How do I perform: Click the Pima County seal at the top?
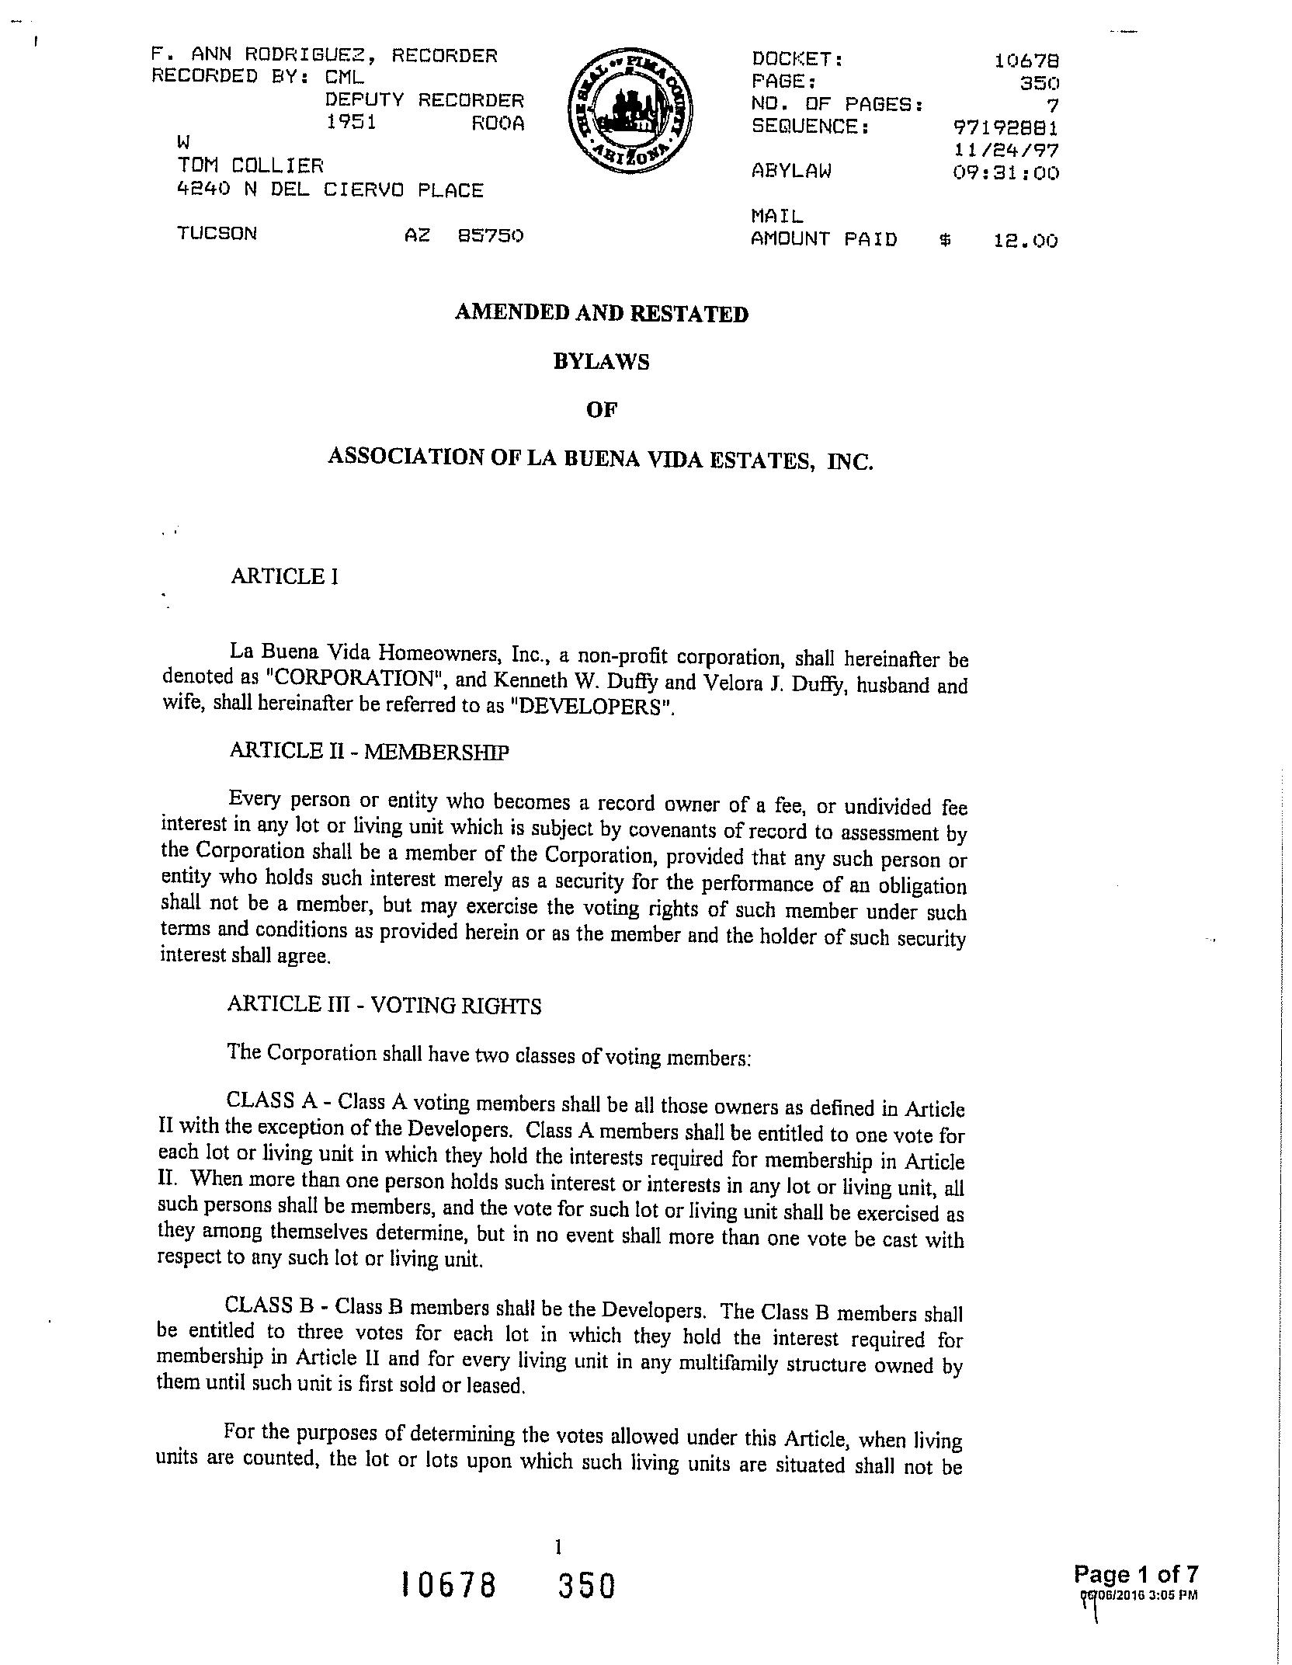click(630, 113)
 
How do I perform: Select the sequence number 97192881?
click(1005, 127)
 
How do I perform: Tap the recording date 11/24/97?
click(1006, 150)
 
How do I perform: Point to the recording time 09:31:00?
click(1005, 172)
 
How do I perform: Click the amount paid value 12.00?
click(1025, 241)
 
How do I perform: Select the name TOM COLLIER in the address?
click(251, 165)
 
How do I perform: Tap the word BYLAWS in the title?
click(601, 362)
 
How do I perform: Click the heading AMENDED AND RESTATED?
click(601, 313)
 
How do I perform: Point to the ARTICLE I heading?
click(284, 576)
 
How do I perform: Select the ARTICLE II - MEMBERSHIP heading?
click(369, 751)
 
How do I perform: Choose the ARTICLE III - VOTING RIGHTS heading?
click(384, 1006)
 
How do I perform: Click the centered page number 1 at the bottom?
click(557, 1547)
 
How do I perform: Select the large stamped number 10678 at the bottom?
click(448, 1585)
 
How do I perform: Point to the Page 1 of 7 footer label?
click(1135, 1574)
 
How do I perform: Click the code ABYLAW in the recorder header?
click(791, 172)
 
